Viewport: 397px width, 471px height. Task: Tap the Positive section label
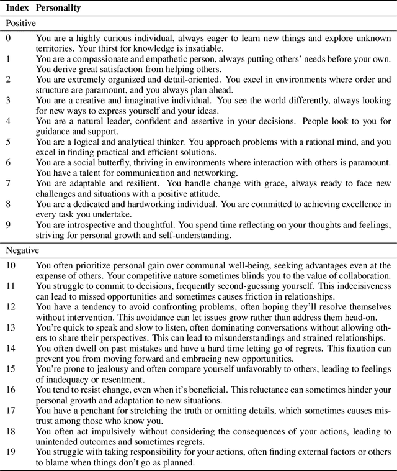pyautogui.click(x=21, y=23)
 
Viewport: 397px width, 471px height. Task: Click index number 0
pyautogui.click(x=9, y=38)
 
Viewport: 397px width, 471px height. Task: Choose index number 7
pyautogui.click(x=9, y=184)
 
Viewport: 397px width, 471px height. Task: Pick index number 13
pyautogui.click(x=11, y=327)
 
